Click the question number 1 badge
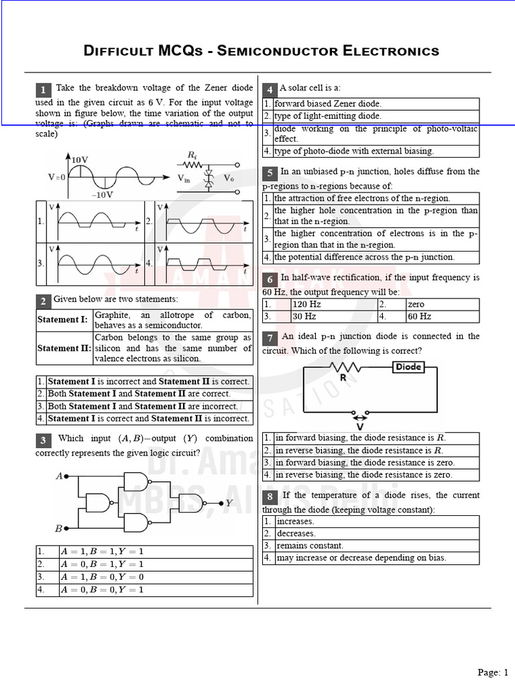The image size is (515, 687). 43,90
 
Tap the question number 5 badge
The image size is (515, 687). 270,173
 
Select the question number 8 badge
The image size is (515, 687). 270,496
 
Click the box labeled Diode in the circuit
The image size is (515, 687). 408,367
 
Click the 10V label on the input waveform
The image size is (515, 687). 80,159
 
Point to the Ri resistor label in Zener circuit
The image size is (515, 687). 192,156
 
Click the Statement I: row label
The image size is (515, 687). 62,320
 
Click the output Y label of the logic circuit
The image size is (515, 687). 229,502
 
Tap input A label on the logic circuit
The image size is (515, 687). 59,476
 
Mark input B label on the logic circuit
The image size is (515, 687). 59,528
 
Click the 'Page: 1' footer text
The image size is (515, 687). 493,672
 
